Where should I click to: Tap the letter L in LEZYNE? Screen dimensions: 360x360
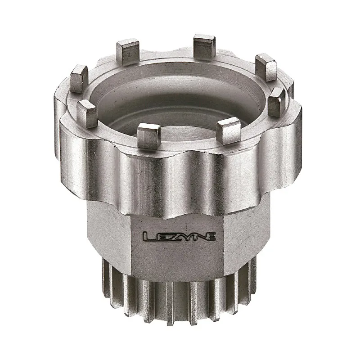pyautogui.click(x=147, y=236)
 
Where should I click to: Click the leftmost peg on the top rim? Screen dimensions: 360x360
pyautogui.click(x=79, y=78)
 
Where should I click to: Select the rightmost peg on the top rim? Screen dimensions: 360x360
pyautogui.click(x=276, y=102)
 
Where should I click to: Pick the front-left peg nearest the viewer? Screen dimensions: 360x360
pyautogui.click(x=148, y=135)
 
